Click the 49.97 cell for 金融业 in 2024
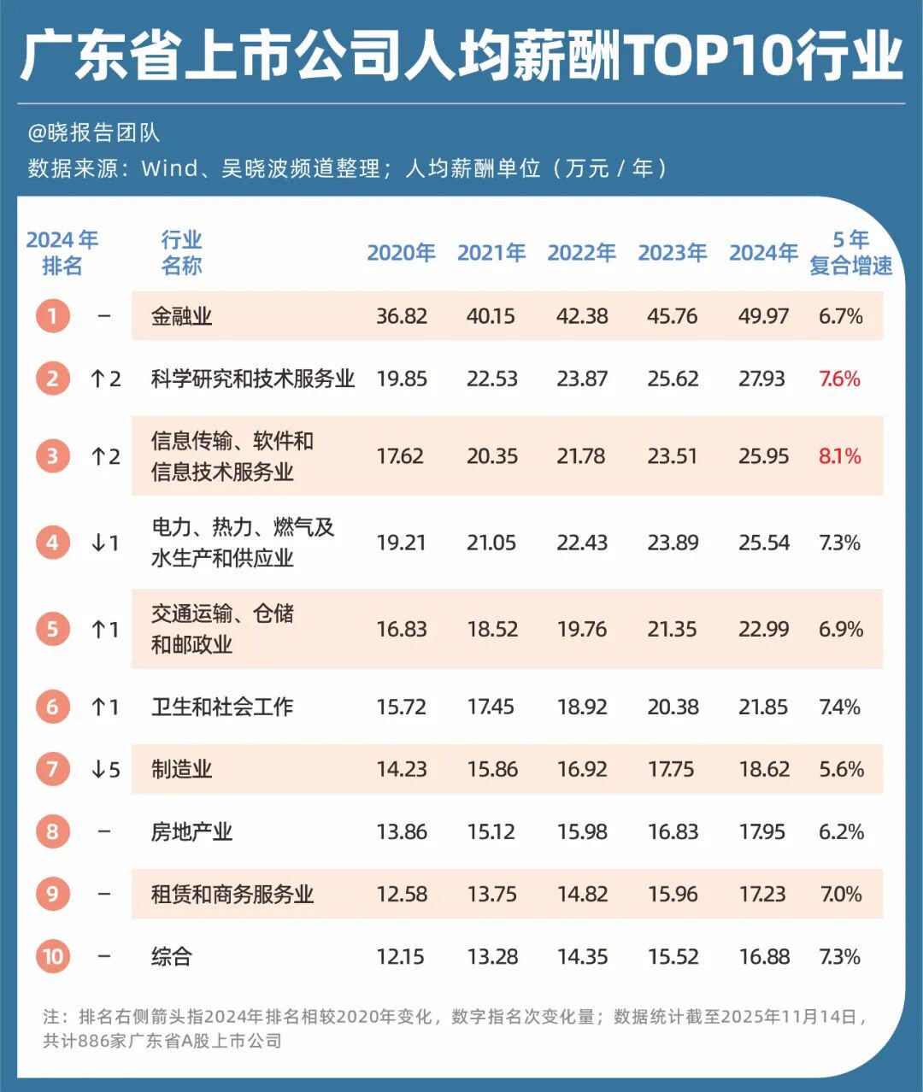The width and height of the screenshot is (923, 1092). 763,316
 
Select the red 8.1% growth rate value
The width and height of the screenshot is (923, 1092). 839,456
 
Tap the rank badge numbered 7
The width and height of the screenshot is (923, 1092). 53,769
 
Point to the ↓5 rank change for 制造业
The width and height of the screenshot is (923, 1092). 105,770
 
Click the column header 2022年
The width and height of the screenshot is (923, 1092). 581,253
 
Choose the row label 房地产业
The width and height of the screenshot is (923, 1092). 191,831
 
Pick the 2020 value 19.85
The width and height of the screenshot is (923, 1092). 402,379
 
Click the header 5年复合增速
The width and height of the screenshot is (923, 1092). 850,253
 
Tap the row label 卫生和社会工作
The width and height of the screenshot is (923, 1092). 222,707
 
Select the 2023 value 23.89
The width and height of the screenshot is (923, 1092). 673,543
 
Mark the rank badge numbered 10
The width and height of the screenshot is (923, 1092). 53,956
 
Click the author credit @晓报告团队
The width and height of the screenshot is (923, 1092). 94,133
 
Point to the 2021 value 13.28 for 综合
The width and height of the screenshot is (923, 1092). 492,956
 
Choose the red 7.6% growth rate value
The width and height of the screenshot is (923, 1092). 839,379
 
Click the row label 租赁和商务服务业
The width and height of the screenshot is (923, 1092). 232,894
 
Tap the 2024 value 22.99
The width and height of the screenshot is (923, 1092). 763,630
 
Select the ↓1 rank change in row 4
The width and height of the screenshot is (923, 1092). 105,543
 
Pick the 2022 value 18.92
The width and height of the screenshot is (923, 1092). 582,707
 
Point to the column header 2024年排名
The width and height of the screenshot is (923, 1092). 62,253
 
